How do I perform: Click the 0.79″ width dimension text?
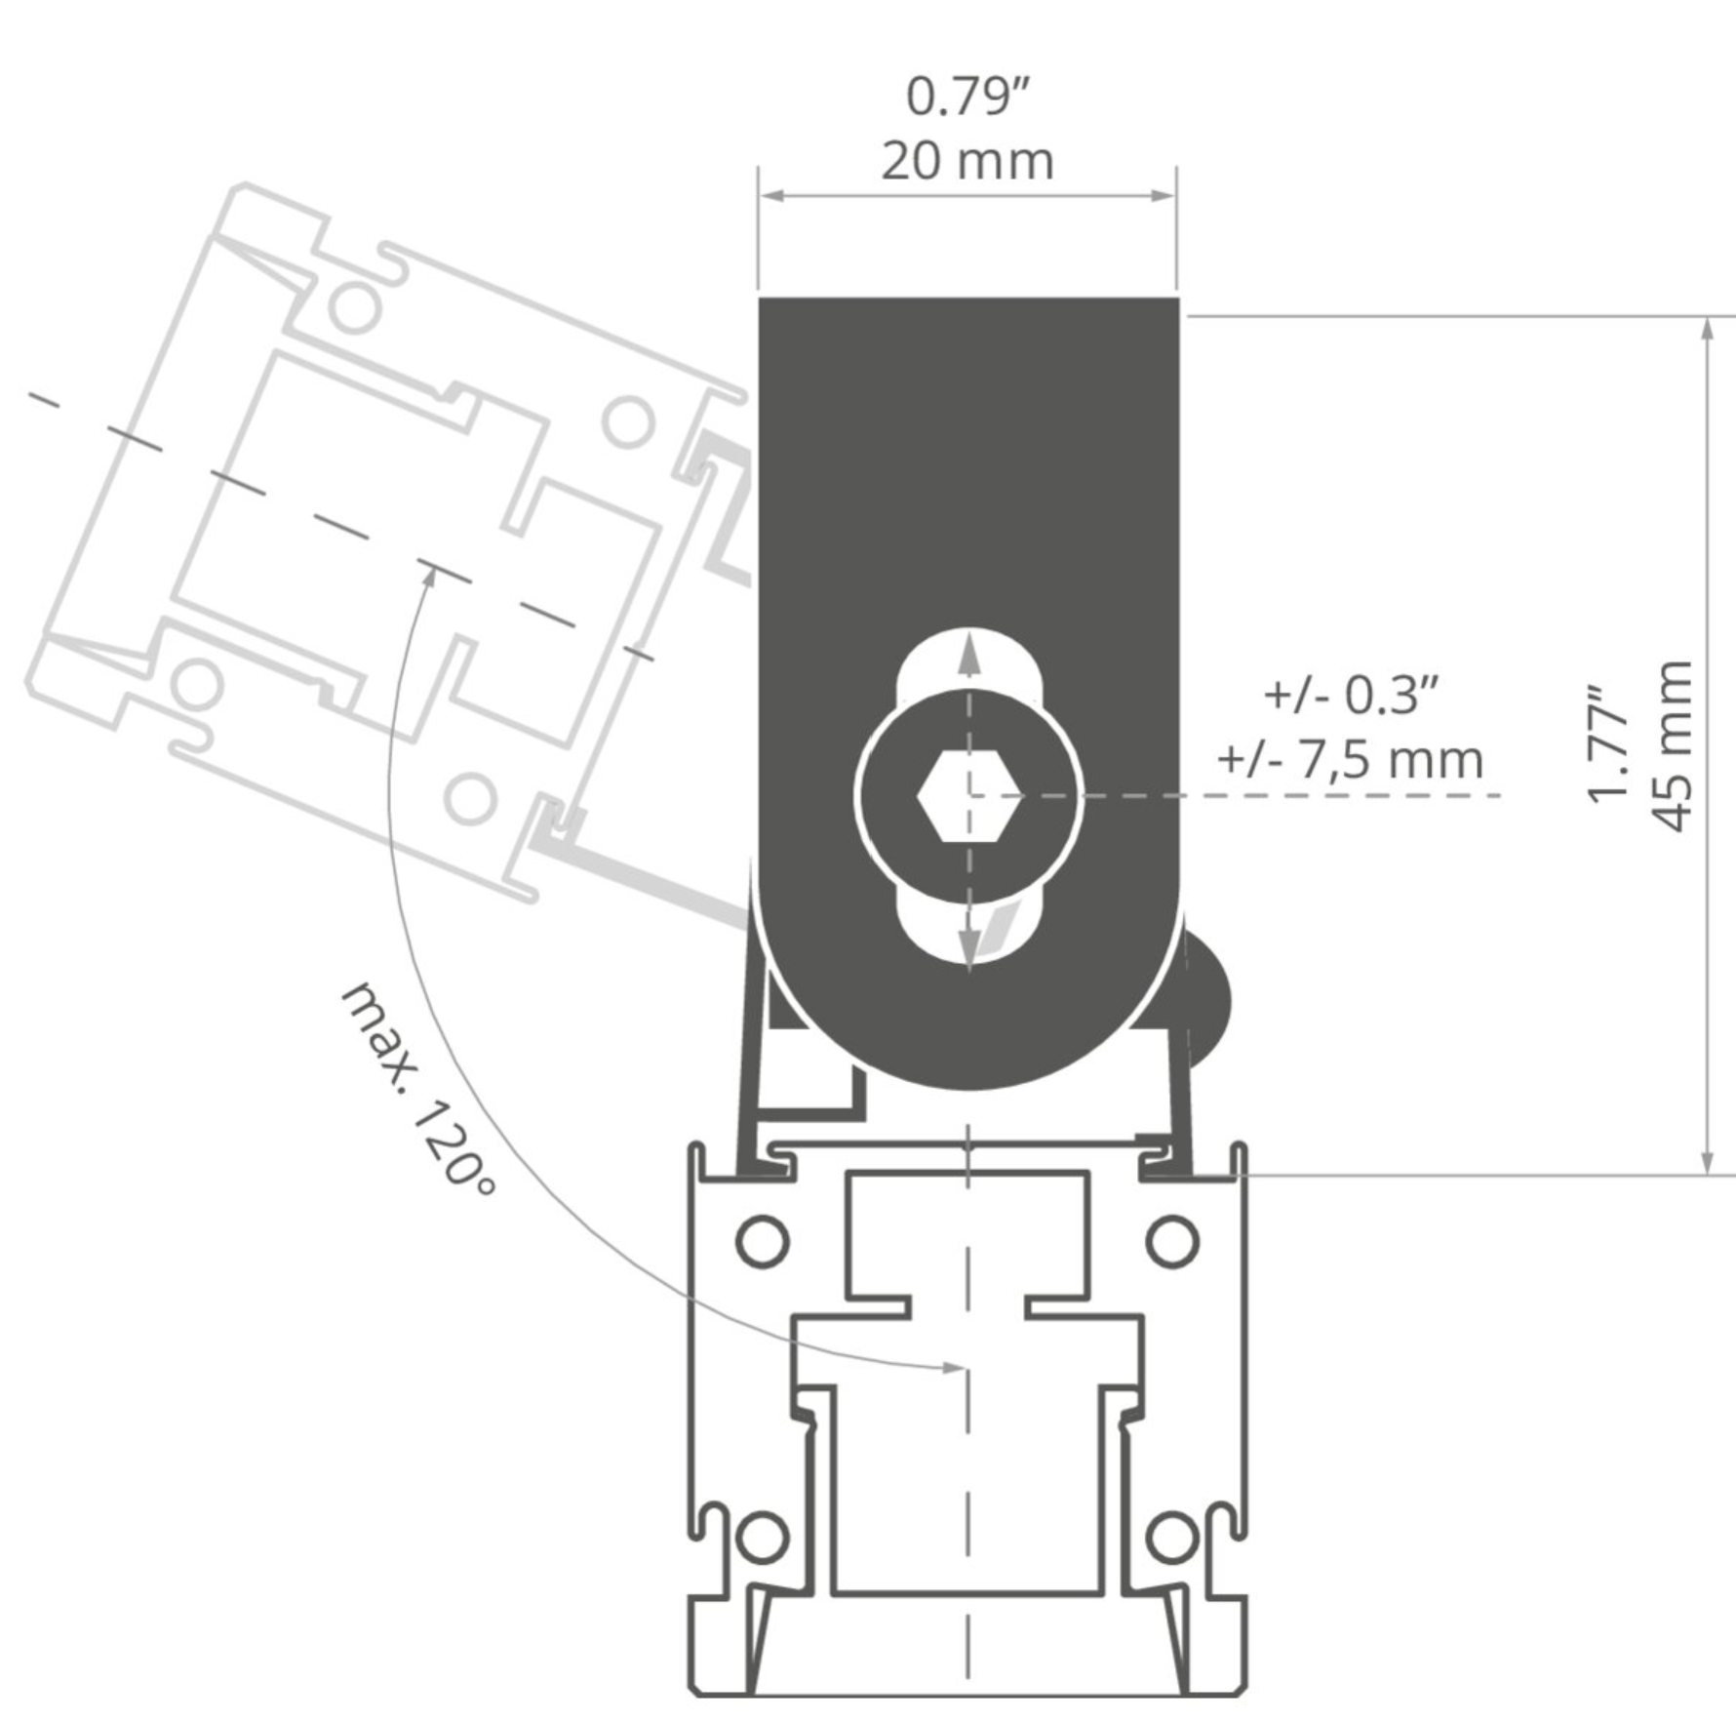pyautogui.click(x=967, y=97)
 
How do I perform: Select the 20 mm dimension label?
pyautogui.click(x=967, y=161)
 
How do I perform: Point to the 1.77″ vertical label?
pyautogui.click(x=1609, y=746)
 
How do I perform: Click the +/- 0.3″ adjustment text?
pyautogui.click(x=1351, y=696)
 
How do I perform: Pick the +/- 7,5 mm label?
pyautogui.click(x=1351, y=760)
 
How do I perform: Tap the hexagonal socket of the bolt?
pyautogui.click(x=968, y=796)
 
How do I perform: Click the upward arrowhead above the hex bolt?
pyautogui.click(x=968, y=654)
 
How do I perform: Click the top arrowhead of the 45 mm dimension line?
pyautogui.click(x=1707, y=328)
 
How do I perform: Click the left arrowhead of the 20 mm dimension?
pyautogui.click(x=772, y=196)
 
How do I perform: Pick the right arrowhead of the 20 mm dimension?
pyautogui.click(x=1164, y=196)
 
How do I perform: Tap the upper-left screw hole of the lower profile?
pyautogui.click(x=763, y=1241)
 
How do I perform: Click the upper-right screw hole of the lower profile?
pyautogui.click(x=1171, y=1241)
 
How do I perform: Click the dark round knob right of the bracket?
pyautogui.click(x=1207, y=1001)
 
